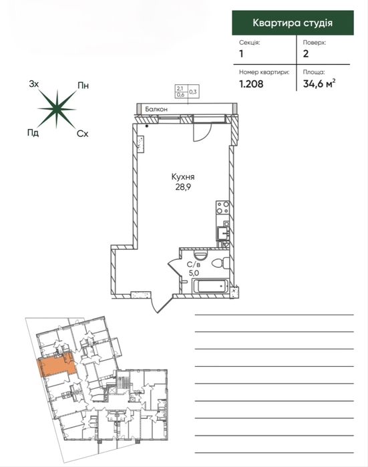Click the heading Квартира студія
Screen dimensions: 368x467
coord(293,23)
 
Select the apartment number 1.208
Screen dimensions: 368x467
coord(251,84)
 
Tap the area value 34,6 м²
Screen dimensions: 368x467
coord(319,84)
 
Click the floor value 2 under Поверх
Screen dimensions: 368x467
coord(306,54)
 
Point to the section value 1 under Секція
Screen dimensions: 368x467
coord(241,54)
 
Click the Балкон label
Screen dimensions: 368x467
coord(156,110)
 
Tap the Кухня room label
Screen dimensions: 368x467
coord(183,177)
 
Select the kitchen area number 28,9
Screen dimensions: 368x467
coord(183,187)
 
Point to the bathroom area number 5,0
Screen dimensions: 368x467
coord(194,272)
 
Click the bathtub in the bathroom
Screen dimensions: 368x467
coord(210,286)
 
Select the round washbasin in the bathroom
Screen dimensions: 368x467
coord(200,255)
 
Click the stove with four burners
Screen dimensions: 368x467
coord(222,208)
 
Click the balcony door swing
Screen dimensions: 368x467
coord(202,132)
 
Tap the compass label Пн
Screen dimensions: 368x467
coord(83,86)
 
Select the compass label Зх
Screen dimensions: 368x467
coord(34,84)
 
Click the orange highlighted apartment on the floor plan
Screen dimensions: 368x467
coord(56,366)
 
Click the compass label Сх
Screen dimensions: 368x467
coord(82,134)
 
